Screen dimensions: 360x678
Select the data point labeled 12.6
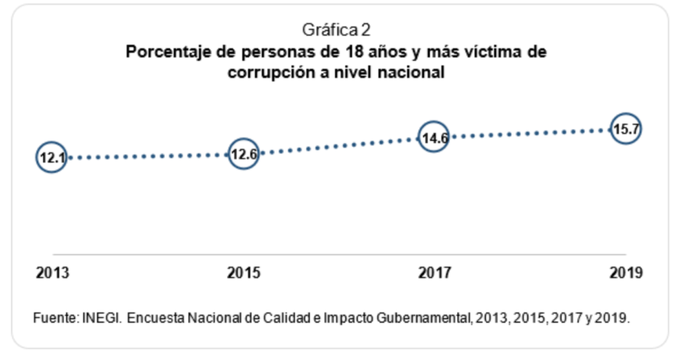pos(243,155)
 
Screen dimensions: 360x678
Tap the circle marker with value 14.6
pos(434,138)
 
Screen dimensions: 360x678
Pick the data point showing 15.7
pos(626,129)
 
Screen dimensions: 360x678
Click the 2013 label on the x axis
pos(52,273)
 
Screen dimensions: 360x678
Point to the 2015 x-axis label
pos(244,273)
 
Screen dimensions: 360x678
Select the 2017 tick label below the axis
pos(434,273)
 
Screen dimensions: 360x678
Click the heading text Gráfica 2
pos(336,30)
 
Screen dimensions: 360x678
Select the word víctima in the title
pos(489,52)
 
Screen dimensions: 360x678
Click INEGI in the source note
pos(102,318)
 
